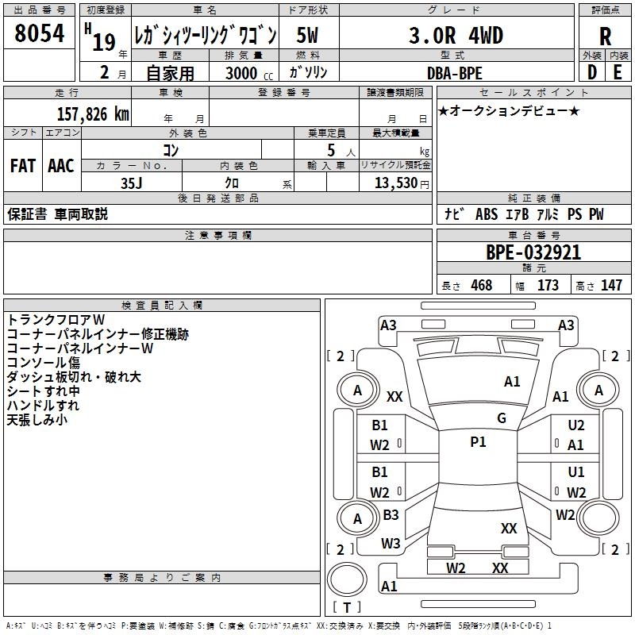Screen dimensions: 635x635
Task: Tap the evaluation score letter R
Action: click(605, 36)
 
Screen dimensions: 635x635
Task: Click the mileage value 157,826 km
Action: click(93, 114)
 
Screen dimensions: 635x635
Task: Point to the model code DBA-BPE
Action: click(454, 73)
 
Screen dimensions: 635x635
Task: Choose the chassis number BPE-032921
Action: click(533, 252)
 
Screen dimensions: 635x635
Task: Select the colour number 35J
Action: click(131, 182)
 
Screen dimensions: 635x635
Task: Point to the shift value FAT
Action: click(22, 166)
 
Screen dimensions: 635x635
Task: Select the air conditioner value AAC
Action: click(61, 166)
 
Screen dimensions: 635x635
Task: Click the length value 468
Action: click(481, 286)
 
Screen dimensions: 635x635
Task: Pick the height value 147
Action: click(611, 286)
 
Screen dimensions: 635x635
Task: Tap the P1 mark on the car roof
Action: click(478, 442)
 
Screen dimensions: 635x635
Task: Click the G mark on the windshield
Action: click(501, 418)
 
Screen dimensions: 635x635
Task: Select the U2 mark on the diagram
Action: click(575, 426)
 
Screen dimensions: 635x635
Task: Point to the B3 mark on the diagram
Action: click(391, 515)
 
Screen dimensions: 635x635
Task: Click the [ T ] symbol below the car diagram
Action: click(346, 607)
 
